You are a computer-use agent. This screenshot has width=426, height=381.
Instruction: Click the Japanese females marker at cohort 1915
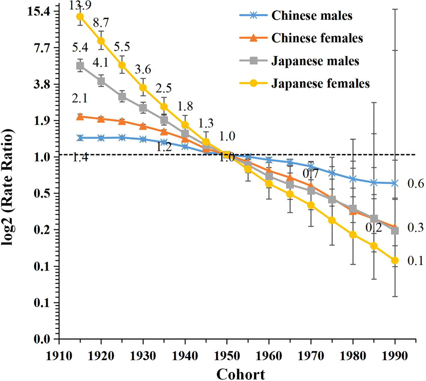(80, 17)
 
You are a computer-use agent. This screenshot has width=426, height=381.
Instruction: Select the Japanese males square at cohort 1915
(80, 66)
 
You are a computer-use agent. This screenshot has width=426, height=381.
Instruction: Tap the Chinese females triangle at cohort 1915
(80, 116)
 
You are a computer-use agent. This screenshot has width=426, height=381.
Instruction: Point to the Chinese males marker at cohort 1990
(395, 183)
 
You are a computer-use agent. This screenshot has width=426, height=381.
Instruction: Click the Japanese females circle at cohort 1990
(395, 260)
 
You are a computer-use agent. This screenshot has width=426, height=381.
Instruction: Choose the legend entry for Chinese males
(312, 16)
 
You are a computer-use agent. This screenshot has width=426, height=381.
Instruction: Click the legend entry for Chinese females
(317, 38)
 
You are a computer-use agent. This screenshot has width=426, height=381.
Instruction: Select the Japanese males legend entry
(315, 60)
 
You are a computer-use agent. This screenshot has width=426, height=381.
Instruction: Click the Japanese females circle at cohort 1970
(311, 205)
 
